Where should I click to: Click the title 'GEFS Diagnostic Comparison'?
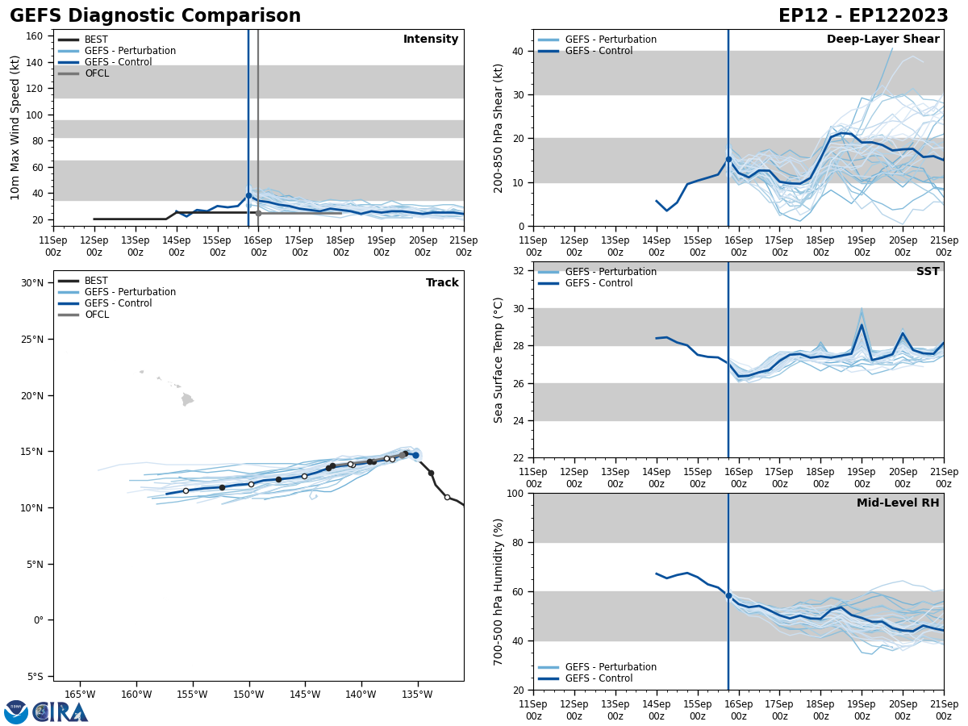[155, 16]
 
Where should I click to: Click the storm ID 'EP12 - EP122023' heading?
[863, 16]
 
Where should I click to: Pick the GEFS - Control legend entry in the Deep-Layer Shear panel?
[599, 51]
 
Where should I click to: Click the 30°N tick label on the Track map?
[32, 283]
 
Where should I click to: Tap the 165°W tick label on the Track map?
[80, 695]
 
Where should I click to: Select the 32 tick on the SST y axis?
[515, 271]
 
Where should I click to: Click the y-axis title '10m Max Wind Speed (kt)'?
[15, 127]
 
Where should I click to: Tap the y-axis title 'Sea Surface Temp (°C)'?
[499, 360]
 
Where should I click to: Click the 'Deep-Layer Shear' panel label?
[882, 40]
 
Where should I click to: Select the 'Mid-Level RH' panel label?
[898, 503]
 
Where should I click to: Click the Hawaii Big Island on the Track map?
[187, 399]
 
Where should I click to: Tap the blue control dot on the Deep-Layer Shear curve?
[728, 159]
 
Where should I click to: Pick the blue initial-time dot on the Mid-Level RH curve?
[728, 595]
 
